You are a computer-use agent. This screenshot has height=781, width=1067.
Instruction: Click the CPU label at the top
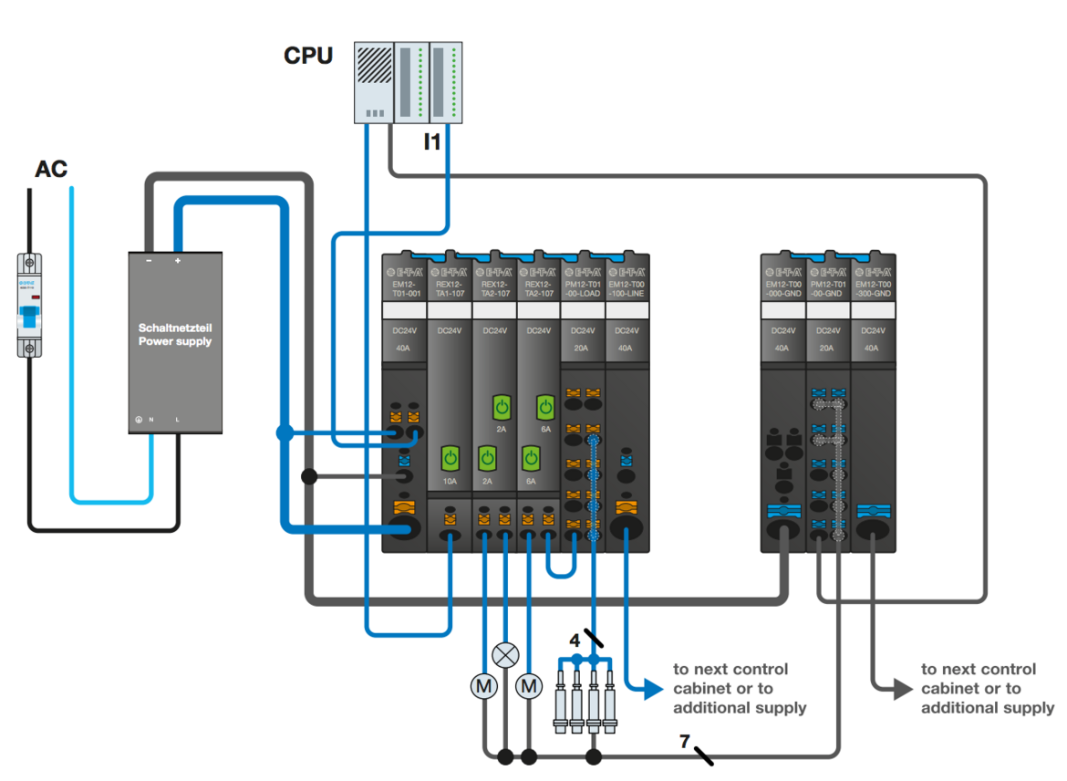[308, 56]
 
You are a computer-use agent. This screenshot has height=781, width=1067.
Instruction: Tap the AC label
[51, 169]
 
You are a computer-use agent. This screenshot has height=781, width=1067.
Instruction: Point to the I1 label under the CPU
[432, 141]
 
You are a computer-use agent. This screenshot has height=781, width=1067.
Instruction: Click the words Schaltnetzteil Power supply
[175, 334]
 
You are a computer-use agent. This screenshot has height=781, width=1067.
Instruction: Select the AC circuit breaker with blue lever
[30, 306]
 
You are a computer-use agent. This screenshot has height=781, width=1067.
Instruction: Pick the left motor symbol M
[483, 684]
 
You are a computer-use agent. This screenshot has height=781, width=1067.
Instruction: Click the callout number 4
[575, 640]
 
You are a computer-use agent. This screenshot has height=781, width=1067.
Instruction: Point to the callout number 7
[684, 740]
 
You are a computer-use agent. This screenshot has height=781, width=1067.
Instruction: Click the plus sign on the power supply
[178, 261]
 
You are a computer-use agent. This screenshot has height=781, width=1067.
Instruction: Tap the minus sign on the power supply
[148, 261]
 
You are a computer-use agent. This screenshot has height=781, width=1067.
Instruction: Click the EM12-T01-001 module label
[404, 289]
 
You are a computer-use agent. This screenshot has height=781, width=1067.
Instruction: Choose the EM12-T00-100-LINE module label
[627, 289]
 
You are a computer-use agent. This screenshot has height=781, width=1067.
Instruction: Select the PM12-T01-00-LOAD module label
[582, 289]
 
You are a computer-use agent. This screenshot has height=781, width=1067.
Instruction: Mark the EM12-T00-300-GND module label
[873, 289]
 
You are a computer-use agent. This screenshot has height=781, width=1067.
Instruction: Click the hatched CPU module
[373, 81]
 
